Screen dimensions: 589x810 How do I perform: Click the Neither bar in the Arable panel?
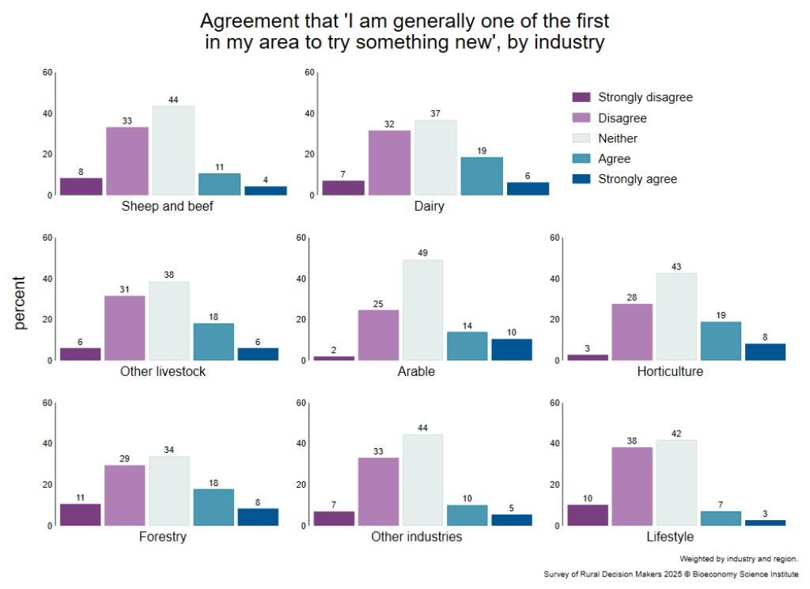coord(422,310)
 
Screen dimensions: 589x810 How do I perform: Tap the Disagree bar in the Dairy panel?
coord(389,162)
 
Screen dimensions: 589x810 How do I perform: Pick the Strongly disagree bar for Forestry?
coord(80,515)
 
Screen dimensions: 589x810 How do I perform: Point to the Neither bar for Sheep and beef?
coord(173,150)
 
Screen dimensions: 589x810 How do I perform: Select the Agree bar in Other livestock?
coord(214,341)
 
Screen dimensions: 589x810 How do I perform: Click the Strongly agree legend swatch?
coord(581,179)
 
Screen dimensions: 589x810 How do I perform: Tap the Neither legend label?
coord(618,139)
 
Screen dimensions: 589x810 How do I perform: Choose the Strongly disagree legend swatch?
coord(581,97)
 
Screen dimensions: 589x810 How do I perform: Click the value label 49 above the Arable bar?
coord(422,253)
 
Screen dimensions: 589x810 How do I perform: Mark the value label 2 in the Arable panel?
coord(334,350)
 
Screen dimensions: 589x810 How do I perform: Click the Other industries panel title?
coord(417,537)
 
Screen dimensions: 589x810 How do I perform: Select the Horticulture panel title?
coord(670,371)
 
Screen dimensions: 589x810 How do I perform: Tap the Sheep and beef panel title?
coord(168,207)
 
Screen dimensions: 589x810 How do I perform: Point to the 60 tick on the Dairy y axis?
coord(310,73)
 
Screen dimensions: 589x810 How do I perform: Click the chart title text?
coord(405,31)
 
